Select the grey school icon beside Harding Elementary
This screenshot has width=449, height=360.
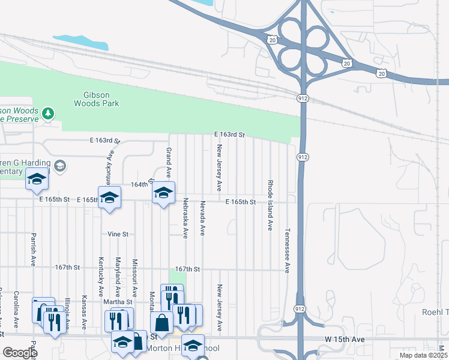59,165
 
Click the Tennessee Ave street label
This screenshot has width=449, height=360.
288,250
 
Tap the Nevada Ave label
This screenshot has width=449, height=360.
203,217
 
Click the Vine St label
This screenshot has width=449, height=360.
118,234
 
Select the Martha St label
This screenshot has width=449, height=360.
118,301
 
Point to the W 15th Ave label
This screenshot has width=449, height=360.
345,339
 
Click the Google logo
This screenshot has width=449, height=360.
19,352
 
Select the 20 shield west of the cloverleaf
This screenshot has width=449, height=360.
273,40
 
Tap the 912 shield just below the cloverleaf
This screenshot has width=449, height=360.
303,97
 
